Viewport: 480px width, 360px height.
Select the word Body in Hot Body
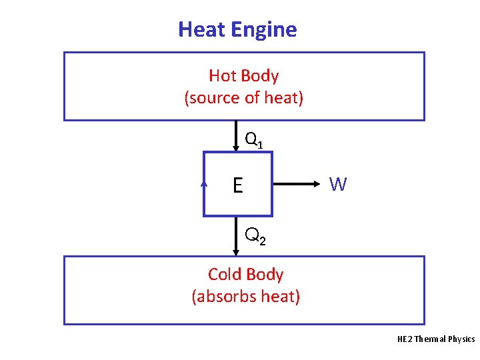[x=260, y=77]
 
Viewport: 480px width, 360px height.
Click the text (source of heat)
[x=244, y=98]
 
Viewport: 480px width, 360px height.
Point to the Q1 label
[x=254, y=140]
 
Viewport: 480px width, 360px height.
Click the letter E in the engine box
[x=238, y=185]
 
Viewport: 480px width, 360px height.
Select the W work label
[x=338, y=185]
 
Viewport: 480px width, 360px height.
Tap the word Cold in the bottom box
[x=225, y=275]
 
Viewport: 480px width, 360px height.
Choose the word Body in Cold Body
[x=265, y=275]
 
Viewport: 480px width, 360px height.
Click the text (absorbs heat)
[x=245, y=296]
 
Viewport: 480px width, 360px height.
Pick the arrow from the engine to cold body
[x=236, y=236]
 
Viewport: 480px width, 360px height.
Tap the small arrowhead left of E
[x=205, y=181]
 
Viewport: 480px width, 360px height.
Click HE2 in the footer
[x=404, y=339]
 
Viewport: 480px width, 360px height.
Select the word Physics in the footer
[x=461, y=339]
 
